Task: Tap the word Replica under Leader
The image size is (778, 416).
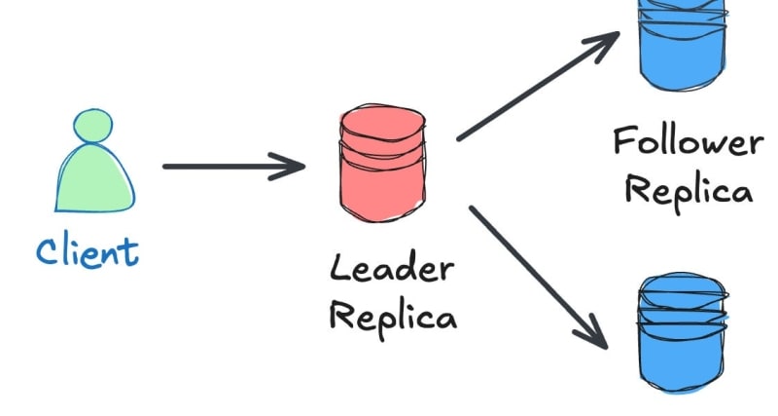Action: click(392, 314)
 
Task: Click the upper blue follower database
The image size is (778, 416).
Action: click(684, 44)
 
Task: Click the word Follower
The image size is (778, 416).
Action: click(688, 143)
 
